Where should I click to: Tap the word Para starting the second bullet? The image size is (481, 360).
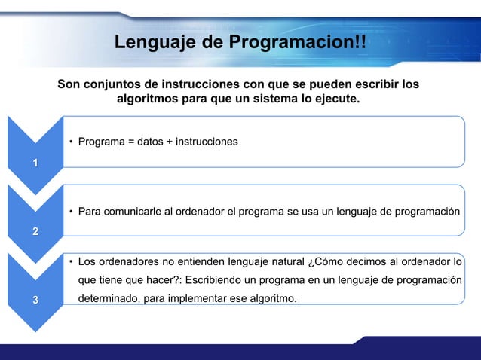tap(90, 211)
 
